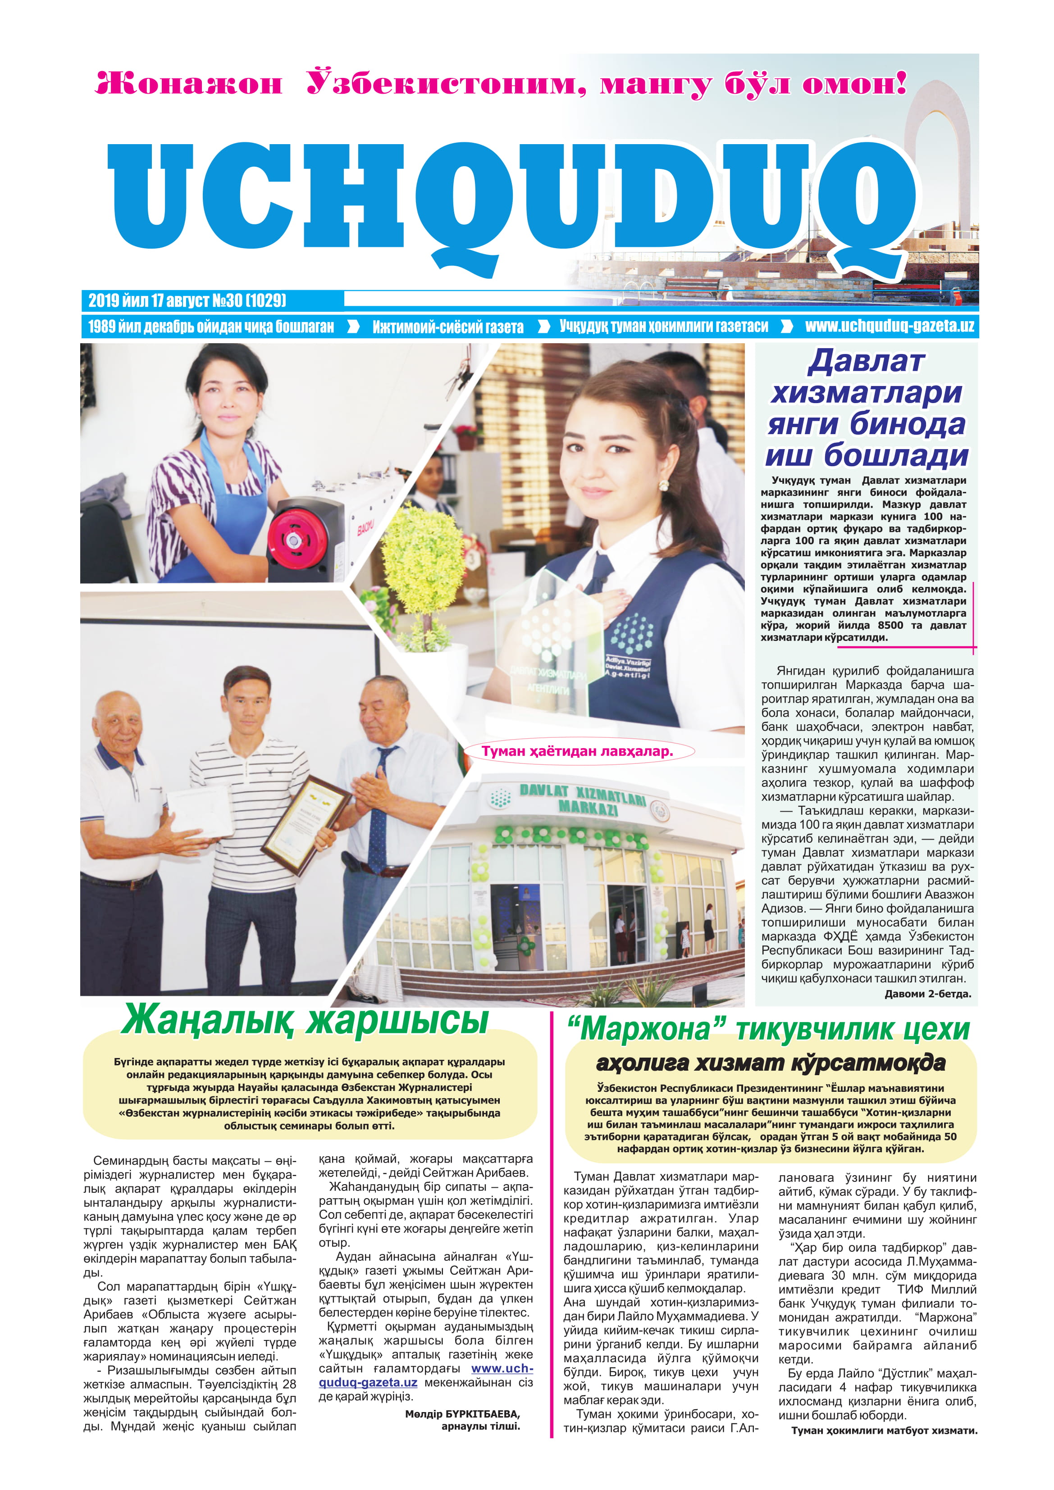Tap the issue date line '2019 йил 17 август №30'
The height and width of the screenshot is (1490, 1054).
tap(187, 300)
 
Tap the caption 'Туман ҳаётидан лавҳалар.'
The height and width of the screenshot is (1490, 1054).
tap(577, 751)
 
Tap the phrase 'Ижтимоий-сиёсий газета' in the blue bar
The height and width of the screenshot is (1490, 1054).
tap(447, 327)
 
